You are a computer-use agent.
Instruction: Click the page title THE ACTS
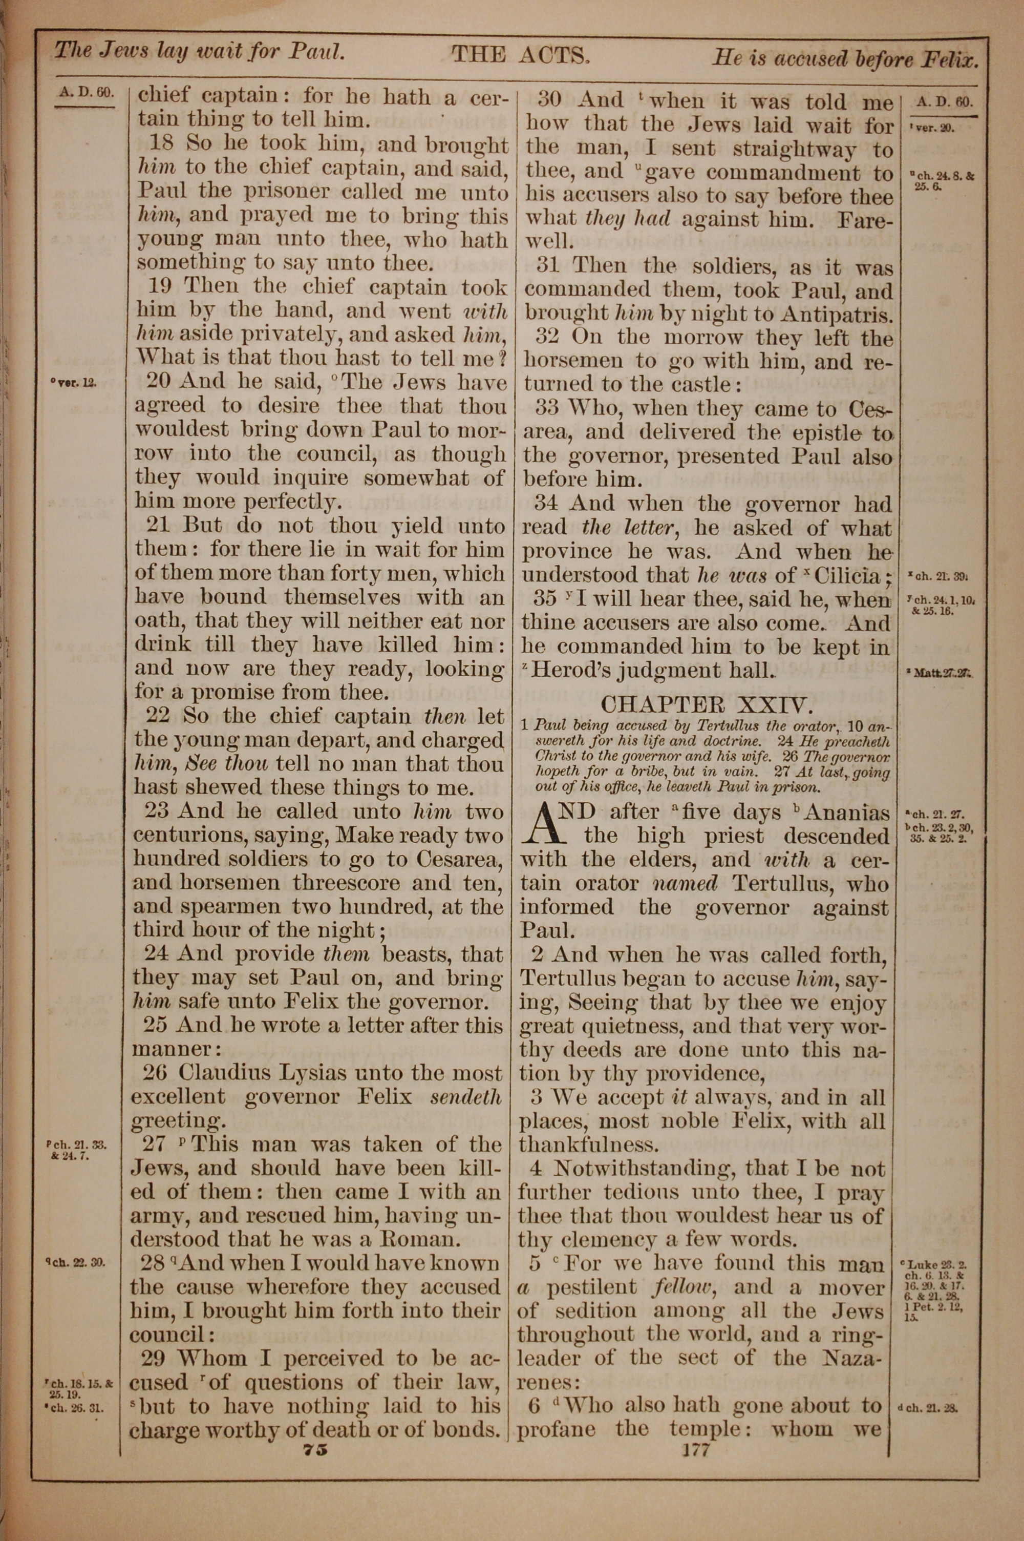(521, 55)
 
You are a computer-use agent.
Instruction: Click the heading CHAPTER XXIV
(706, 704)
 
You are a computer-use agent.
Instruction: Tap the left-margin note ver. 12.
(76, 383)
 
